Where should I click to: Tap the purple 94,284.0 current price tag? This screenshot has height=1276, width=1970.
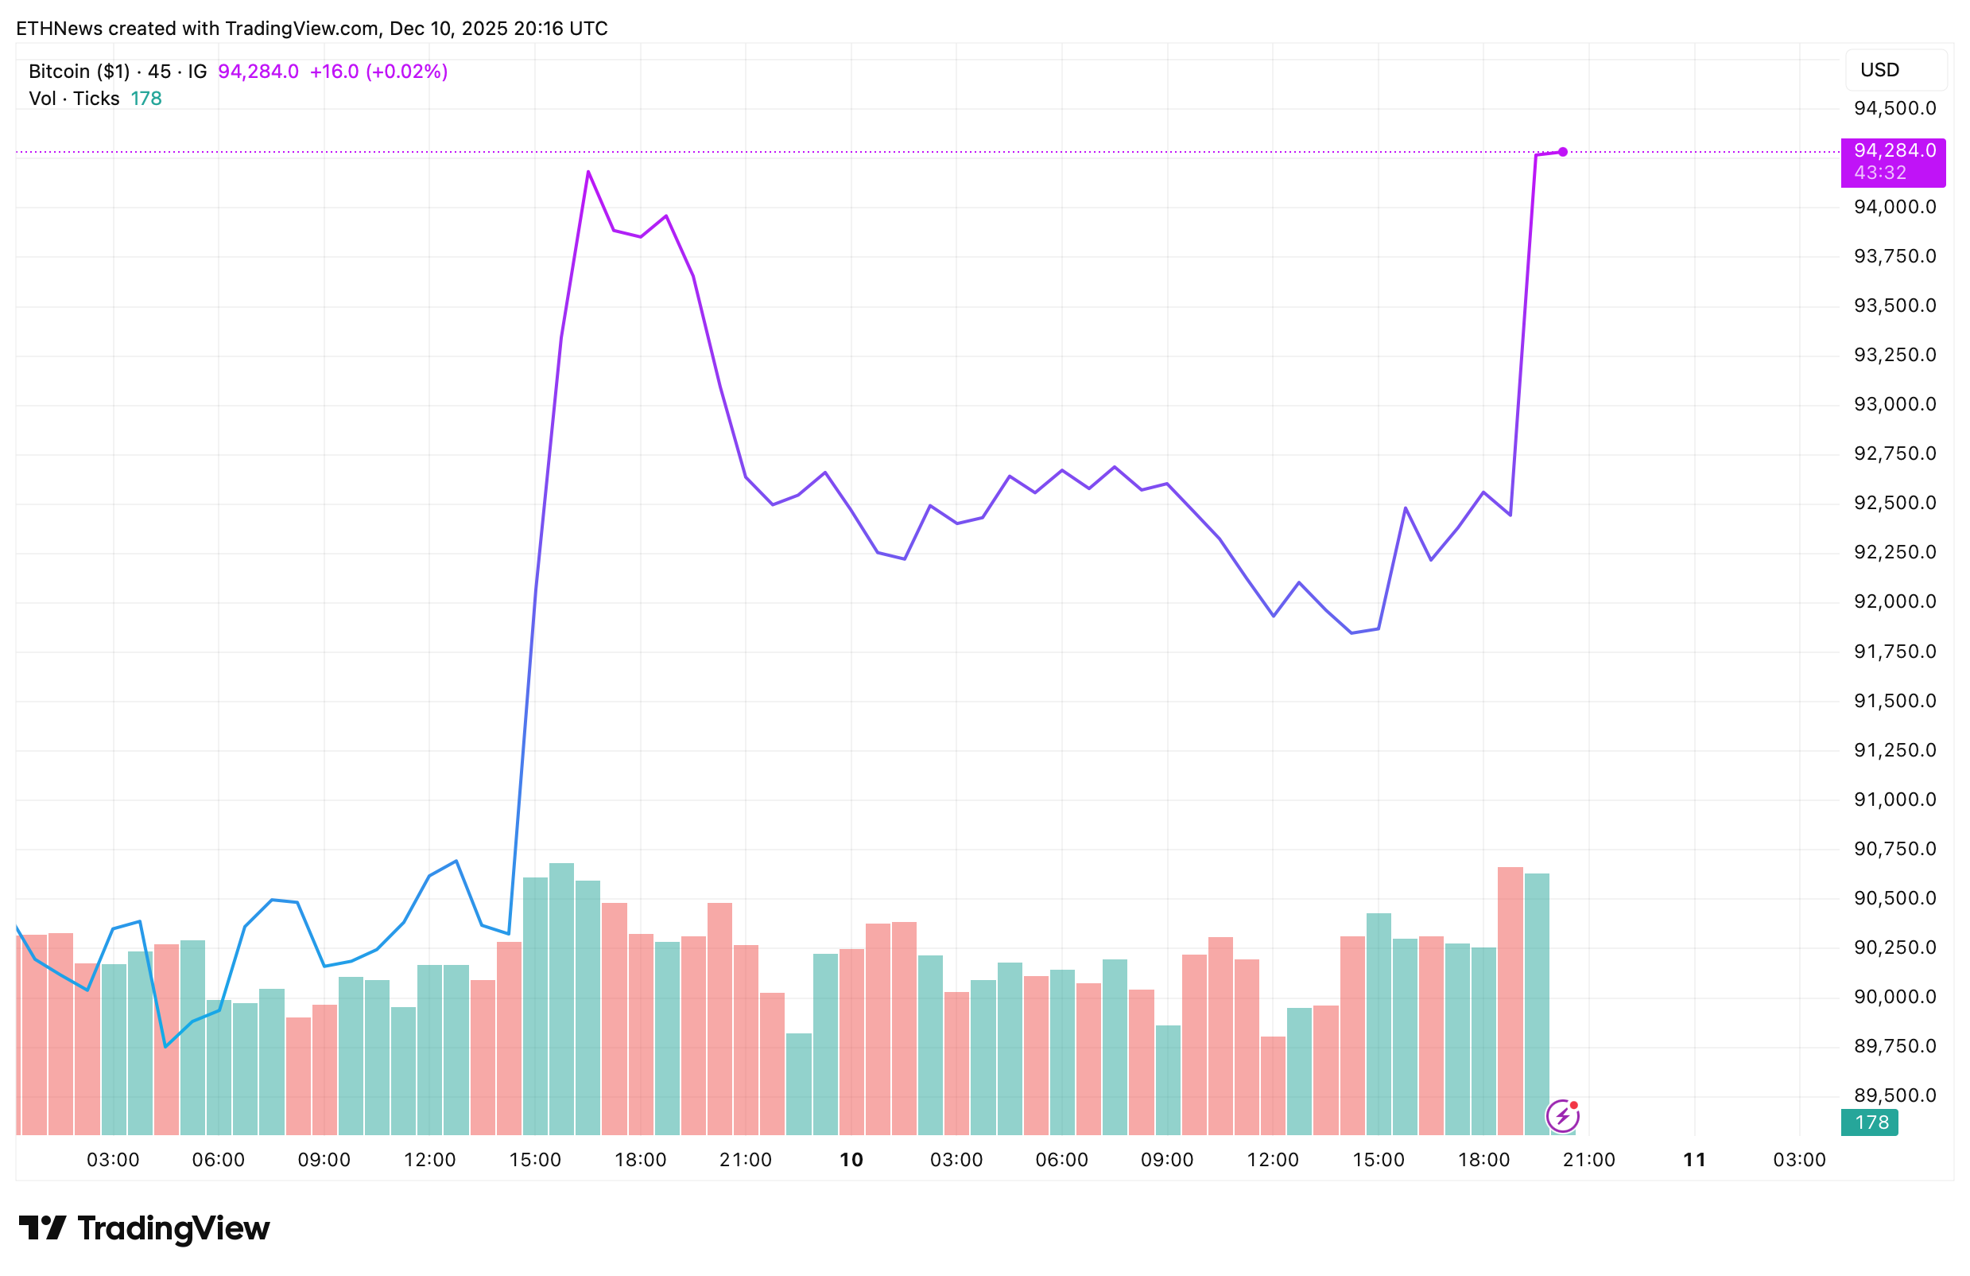[x=1894, y=150]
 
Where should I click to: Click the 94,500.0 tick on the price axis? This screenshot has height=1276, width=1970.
[x=1894, y=108]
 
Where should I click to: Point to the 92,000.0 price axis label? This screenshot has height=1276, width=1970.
[x=1894, y=602]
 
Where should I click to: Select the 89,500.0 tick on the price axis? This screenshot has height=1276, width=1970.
[x=1894, y=1095]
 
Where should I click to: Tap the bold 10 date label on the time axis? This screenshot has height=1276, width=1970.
[x=851, y=1160]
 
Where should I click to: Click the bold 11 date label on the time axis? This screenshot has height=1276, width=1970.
[x=1694, y=1160]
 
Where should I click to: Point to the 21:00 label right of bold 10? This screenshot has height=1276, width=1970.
[x=1588, y=1160]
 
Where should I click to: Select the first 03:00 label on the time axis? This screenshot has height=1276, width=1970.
[x=113, y=1160]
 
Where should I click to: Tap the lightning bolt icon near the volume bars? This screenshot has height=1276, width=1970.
[x=1562, y=1116]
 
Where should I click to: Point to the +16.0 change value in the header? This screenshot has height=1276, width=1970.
[x=334, y=72]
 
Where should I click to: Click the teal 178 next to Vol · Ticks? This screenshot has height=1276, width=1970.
[x=145, y=99]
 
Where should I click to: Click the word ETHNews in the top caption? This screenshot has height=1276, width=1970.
[x=59, y=29]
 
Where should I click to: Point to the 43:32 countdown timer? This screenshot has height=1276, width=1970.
[x=1880, y=173]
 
